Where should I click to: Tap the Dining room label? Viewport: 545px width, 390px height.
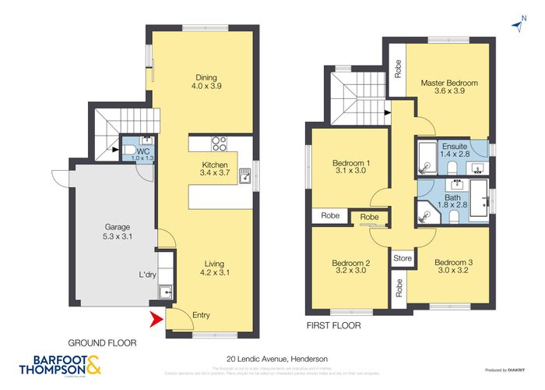(206, 81)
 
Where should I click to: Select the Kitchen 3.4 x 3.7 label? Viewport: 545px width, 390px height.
(214, 169)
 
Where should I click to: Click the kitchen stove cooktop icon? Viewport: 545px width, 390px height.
(220, 144)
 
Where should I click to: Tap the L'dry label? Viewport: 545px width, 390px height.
(149, 276)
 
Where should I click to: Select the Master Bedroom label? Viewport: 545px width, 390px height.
(449, 87)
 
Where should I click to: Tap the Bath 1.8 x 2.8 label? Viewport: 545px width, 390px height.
(452, 202)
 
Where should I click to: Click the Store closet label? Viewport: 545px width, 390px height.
(402, 258)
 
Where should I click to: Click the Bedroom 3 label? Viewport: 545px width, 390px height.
(452, 267)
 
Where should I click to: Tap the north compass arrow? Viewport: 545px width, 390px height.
(515, 26)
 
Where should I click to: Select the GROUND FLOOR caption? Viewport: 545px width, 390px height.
(102, 342)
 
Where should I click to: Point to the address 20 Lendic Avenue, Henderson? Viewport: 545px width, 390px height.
(272, 359)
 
